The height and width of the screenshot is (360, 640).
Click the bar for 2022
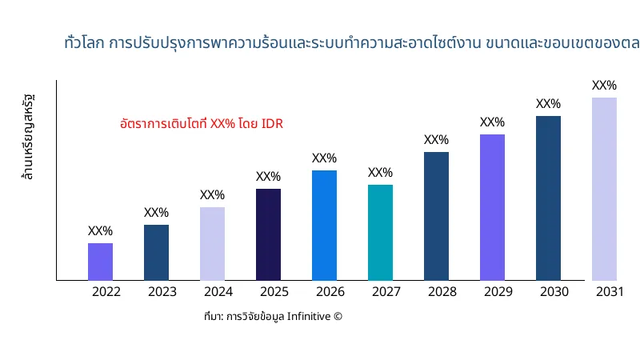pyautogui.click(x=100, y=262)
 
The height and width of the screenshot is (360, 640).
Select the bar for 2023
pyautogui.click(x=156, y=252)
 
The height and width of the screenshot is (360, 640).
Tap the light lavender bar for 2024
pyautogui.click(x=212, y=243)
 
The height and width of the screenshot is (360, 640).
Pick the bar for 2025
pyautogui.click(x=268, y=234)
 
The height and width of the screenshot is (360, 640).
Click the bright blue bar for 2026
pyautogui.click(x=324, y=225)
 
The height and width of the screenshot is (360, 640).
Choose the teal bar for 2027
pyautogui.click(x=380, y=232)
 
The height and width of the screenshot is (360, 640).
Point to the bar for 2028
pyautogui.click(x=436, y=216)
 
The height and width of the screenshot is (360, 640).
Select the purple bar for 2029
pyautogui.click(x=492, y=207)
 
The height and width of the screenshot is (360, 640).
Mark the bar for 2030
pyautogui.click(x=548, y=198)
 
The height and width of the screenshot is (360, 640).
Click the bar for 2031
pyautogui.click(x=604, y=189)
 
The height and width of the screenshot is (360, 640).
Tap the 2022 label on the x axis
pyautogui.click(x=106, y=292)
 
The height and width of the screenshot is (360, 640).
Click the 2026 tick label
pyautogui.click(x=330, y=292)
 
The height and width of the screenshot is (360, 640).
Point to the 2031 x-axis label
pyautogui.click(x=610, y=292)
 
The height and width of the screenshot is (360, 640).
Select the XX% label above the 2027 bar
pyautogui.click(x=380, y=173)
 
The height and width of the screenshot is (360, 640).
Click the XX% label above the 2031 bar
pyautogui.click(x=604, y=86)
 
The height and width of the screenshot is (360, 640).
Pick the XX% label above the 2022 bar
pyautogui.click(x=100, y=231)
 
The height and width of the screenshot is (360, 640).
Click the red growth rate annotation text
pyautogui.click(x=201, y=124)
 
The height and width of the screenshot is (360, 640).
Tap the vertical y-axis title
pyautogui.click(x=28, y=137)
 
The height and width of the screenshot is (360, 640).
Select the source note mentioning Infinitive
pyautogui.click(x=273, y=317)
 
